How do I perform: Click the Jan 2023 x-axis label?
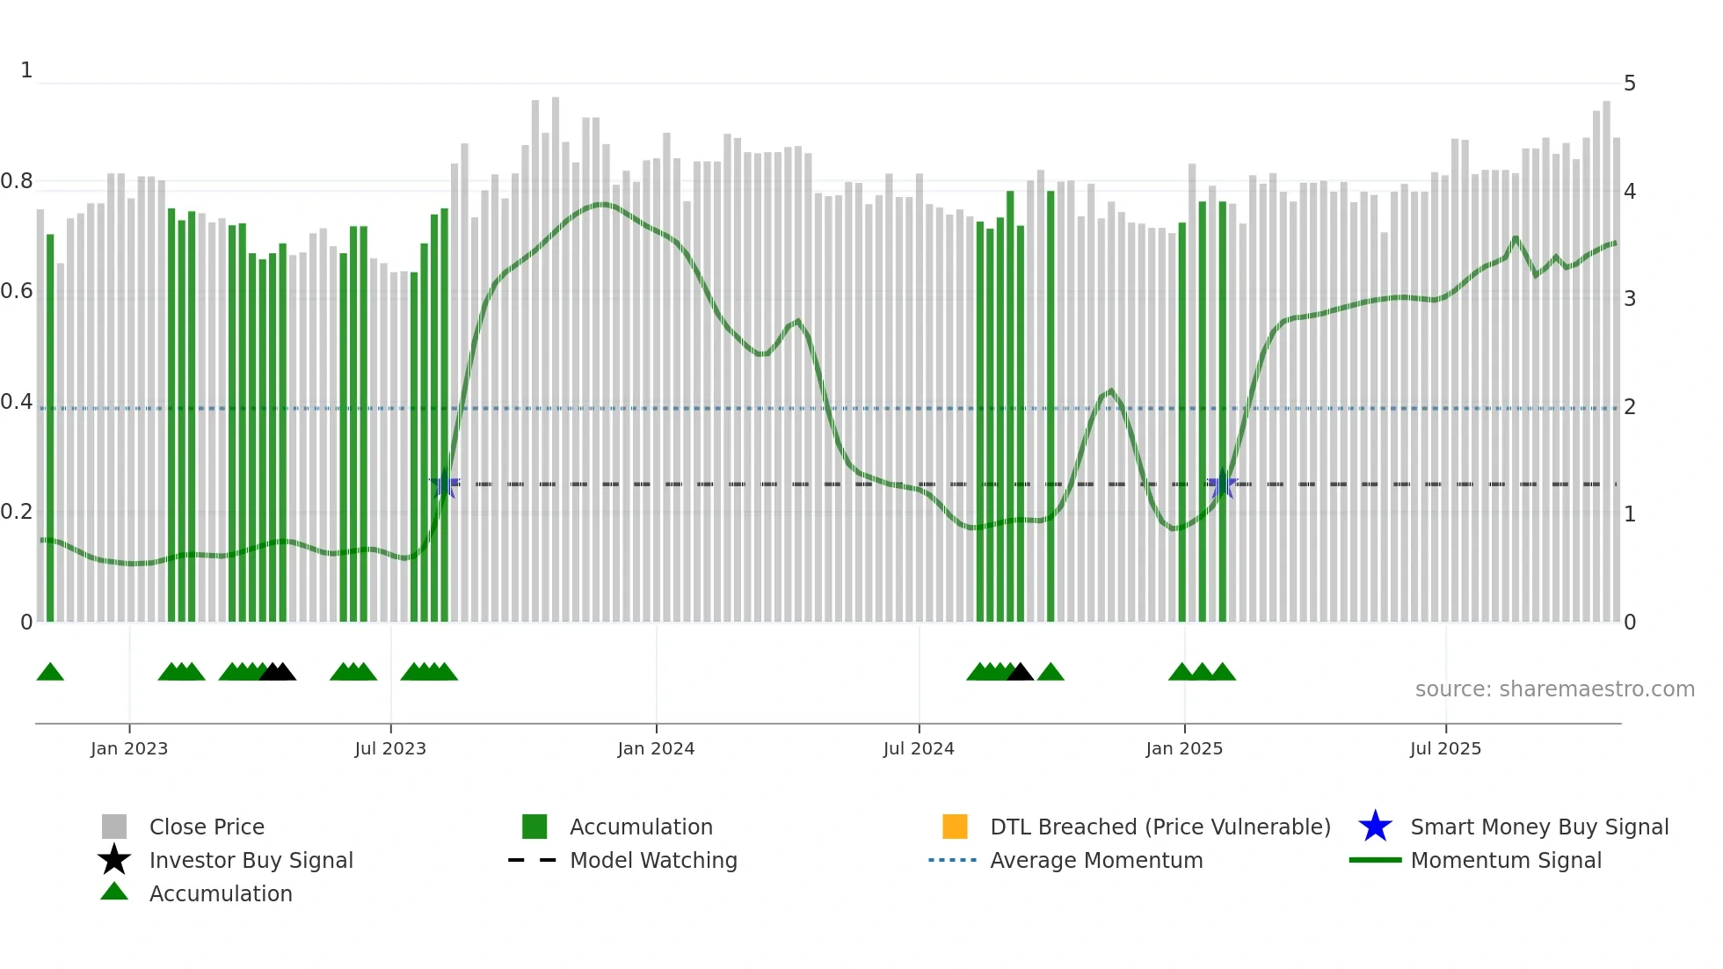point(129,748)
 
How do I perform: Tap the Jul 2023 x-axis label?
point(390,748)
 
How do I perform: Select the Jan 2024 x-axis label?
point(656,748)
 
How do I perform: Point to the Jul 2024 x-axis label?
point(919,748)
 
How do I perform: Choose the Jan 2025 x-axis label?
point(1184,748)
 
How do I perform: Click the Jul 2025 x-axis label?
point(1445,748)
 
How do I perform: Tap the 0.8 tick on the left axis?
point(17,181)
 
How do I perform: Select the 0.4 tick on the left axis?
point(17,402)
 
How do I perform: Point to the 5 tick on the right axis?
point(1630,84)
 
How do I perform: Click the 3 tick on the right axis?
point(1630,299)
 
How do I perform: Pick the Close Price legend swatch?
point(114,827)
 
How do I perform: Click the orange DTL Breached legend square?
point(955,827)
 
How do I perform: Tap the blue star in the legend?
point(1375,827)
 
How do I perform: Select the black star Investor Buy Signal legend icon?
point(114,860)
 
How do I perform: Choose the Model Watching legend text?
point(653,860)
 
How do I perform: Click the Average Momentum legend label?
point(1096,860)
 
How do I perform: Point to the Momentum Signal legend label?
point(1506,860)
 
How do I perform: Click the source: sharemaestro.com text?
point(1554,689)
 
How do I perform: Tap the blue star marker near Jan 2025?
point(1222,484)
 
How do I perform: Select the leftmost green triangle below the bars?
point(50,673)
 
